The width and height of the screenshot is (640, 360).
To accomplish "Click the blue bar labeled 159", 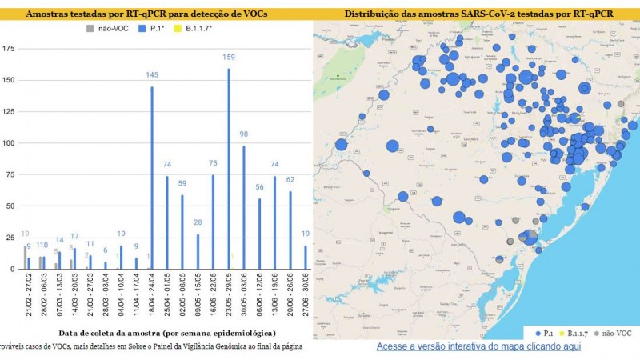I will [229, 169].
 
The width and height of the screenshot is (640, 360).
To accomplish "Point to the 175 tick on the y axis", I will [9, 49].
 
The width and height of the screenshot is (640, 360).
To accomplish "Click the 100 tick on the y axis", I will [9, 143].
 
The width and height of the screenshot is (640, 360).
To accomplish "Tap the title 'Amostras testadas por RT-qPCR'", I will [146, 14].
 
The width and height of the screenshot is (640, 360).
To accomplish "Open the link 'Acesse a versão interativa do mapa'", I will [478, 347].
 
